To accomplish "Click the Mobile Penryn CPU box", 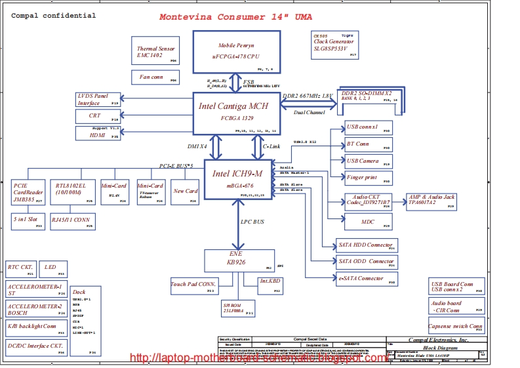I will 237,51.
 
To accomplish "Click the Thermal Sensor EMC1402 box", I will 155,52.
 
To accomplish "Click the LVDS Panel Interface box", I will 98,100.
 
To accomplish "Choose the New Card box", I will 186,192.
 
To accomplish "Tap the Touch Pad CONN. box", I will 193,285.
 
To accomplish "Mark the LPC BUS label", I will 252,222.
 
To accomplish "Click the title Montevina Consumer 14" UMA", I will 236,17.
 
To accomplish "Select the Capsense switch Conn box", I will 456,327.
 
